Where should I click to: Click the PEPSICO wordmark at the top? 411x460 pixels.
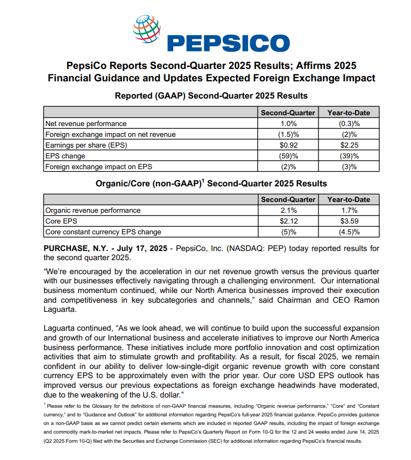tap(228, 43)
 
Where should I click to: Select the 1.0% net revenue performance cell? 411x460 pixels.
tap(288, 123)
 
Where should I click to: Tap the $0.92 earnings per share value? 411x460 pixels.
tap(288, 145)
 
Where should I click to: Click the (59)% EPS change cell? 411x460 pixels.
tap(288, 156)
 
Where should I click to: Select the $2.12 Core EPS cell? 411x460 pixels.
tap(288, 221)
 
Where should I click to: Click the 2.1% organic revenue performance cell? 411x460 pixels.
tap(288, 210)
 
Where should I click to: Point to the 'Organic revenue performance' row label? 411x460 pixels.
tap(93, 210)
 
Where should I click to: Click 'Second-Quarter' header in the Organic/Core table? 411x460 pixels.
tap(288, 199)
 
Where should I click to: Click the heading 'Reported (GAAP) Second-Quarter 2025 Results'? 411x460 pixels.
tap(211, 96)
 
